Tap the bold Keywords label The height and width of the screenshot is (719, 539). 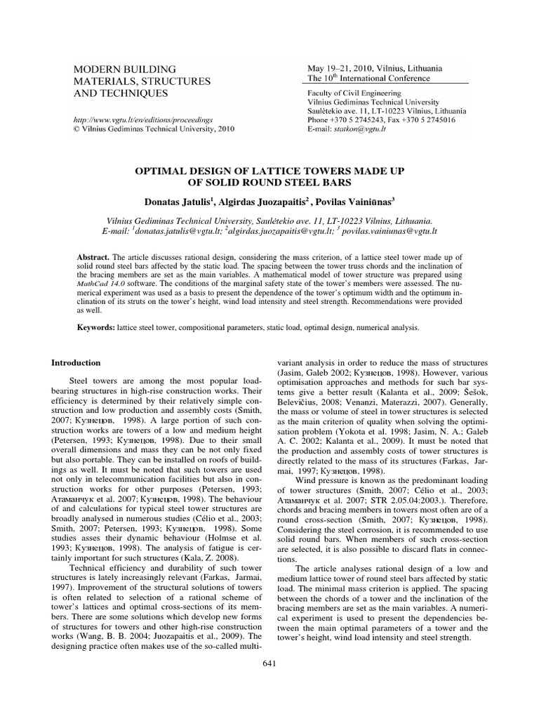pos(98,328)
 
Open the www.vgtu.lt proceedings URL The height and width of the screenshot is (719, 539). pos(138,120)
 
